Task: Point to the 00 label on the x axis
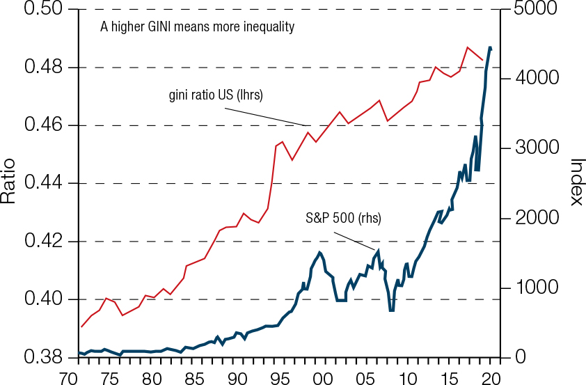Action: point(322,377)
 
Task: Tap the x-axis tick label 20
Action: point(491,377)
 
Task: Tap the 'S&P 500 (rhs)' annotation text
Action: point(344,218)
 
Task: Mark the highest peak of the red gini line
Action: point(467,47)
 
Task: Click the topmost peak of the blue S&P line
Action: point(490,47)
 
